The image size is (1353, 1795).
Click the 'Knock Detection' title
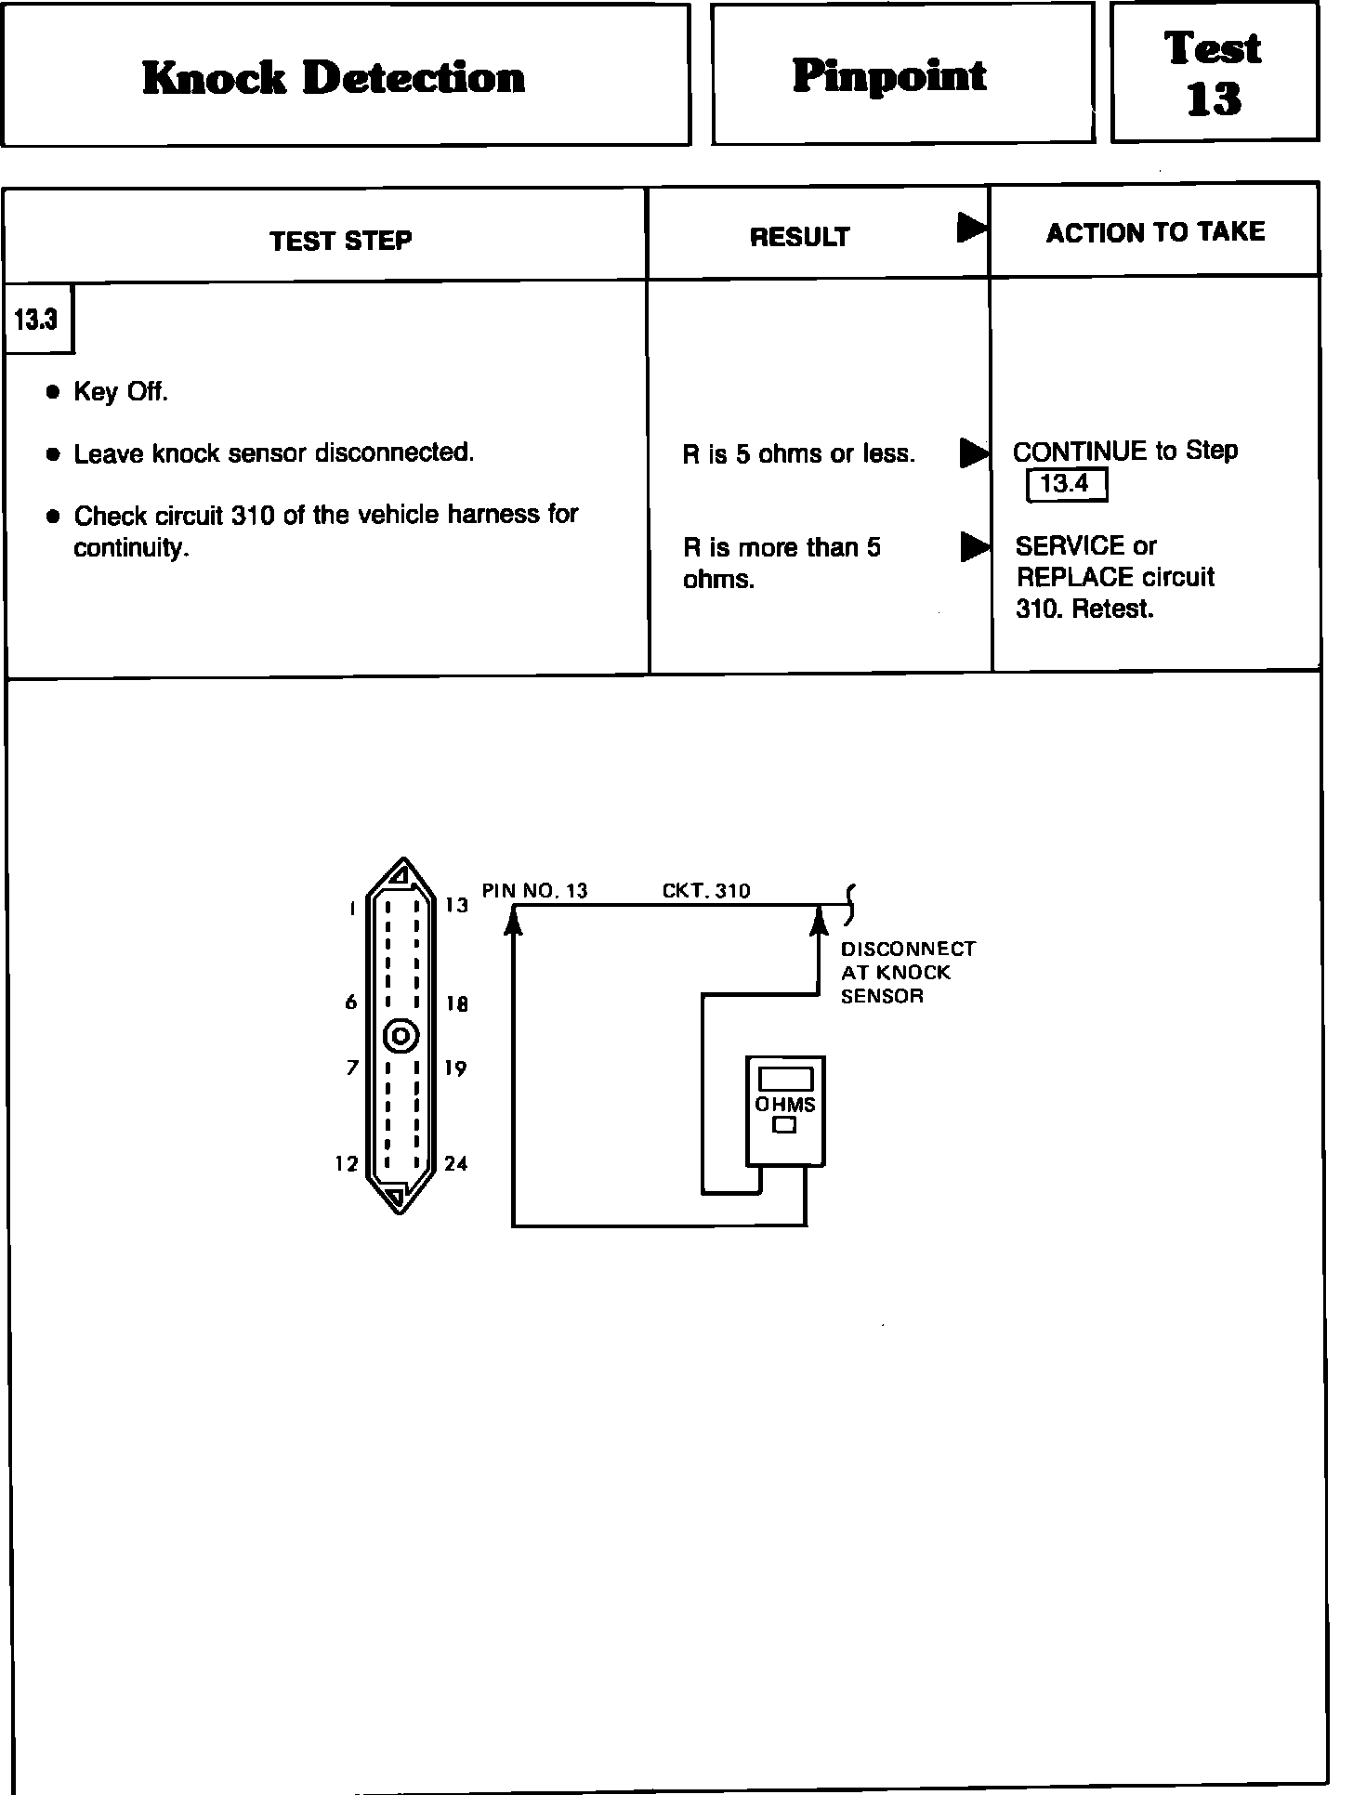[334, 77]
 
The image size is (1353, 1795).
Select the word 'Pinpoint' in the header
[889, 76]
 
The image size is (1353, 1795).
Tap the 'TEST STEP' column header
[341, 242]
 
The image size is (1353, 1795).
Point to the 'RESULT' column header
[799, 238]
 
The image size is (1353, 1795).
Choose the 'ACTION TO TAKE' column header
[1155, 232]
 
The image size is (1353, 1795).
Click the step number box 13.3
[37, 320]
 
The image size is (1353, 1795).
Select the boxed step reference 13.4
[1066, 485]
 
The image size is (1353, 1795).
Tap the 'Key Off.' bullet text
[121, 392]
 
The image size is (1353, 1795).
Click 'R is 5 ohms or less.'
[798, 454]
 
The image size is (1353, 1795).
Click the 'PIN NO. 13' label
[534, 891]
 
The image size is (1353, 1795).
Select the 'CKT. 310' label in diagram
[706, 891]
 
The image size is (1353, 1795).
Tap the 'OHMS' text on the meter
[785, 1105]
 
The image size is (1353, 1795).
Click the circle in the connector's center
[401, 1035]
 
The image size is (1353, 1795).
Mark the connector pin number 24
[455, 1163]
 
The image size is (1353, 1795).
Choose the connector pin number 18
[456, 1003]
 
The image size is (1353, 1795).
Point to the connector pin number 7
[352, 1068]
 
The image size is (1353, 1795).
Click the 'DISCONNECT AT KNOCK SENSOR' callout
[907, 973]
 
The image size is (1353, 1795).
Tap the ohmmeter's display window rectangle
[785, 1079]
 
